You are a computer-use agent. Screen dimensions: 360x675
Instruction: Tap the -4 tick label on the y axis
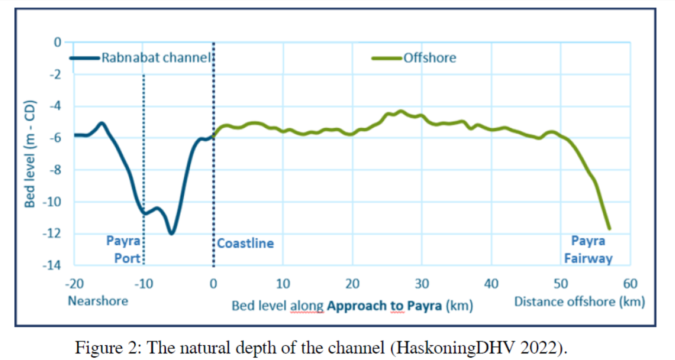[56, 106]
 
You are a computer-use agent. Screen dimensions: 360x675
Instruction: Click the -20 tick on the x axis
[74, 283]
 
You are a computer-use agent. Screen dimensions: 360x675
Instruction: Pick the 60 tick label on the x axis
[630, 283]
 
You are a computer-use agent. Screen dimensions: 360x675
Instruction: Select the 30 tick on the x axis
[422, 283]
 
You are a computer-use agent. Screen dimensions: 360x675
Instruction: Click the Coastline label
[245, 243]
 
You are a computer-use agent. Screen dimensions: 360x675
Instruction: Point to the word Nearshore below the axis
[98, 301]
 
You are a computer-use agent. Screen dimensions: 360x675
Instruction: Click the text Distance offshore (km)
[580, 302]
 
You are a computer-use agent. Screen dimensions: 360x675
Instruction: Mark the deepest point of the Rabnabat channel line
[171, 233]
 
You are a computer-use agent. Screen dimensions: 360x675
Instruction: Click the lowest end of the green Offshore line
[609, 229]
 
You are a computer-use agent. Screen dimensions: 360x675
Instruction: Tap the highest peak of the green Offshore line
[401, 111]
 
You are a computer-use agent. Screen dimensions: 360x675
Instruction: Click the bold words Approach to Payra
[384, 306]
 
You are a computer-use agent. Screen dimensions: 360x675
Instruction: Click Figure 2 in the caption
[103, 348]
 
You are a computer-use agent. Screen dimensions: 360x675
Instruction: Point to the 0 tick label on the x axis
[213, 283]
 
